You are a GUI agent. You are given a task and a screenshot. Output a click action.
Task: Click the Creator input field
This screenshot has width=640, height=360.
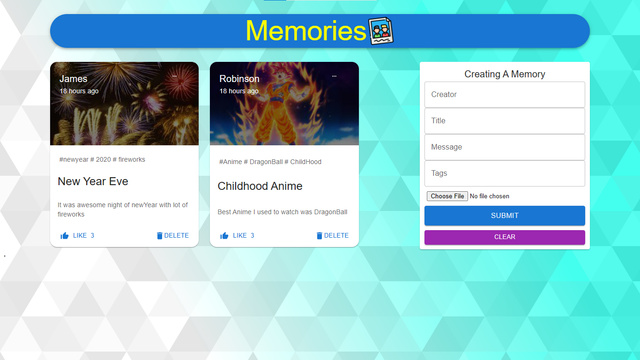(x=505, y=95)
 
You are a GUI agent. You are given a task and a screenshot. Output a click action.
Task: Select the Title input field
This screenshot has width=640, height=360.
(x=505, y=121)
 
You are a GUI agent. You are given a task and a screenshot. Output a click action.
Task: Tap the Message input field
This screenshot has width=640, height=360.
(x=505, y=147)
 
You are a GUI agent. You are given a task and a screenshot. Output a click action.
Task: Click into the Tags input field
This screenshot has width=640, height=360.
(x=505, y=173)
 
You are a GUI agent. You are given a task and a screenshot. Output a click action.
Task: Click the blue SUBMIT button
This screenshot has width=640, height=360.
(x=505, y=216)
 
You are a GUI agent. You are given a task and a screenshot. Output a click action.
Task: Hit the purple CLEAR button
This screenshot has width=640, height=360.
(x=505, y=237)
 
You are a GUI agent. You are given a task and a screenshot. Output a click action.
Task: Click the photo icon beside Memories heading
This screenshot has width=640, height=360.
(x=381, y=31)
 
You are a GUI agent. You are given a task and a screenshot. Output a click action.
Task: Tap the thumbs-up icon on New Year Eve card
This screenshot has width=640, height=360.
(x=65, y=236)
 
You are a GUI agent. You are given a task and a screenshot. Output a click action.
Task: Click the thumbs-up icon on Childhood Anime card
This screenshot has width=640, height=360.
(x=224, y=236)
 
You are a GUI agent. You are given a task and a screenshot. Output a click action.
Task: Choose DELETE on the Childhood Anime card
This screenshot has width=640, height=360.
(x=332, y=236)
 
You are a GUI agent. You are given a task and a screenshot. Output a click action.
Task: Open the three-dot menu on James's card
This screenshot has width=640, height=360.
(x=174, y=76)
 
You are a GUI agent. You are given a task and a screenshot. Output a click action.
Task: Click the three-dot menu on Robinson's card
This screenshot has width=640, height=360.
(x=334, y=76)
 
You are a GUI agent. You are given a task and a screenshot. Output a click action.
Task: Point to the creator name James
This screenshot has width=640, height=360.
(x=74, y=79)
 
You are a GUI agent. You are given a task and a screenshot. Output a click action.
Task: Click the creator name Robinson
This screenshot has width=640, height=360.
(x=239, y=79)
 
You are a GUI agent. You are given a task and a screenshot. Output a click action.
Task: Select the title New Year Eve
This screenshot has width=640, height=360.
(x=93, y=181)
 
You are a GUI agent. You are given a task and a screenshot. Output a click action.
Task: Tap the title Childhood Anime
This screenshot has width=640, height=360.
(x=260, y=186)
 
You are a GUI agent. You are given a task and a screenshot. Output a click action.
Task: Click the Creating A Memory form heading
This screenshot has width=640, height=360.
(x=505, y=74)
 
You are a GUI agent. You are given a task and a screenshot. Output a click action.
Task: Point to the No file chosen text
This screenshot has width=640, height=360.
(x=489, y=196)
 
